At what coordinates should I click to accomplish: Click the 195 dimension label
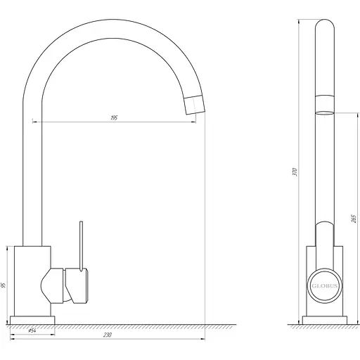[x=114, y=118]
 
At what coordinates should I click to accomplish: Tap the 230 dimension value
[x=107, y=335]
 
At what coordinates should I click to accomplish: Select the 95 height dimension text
[x=4, y=285]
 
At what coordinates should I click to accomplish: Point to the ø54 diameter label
[x=32, y=330]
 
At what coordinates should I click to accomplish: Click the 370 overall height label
[x=295, y=172]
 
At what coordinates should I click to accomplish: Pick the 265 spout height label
[x=354, y=219]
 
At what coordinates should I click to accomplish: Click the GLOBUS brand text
[x=325, y=285]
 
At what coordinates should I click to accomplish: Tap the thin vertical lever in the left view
[x=81, y=246]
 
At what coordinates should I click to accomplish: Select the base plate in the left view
[x=32, y=320]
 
